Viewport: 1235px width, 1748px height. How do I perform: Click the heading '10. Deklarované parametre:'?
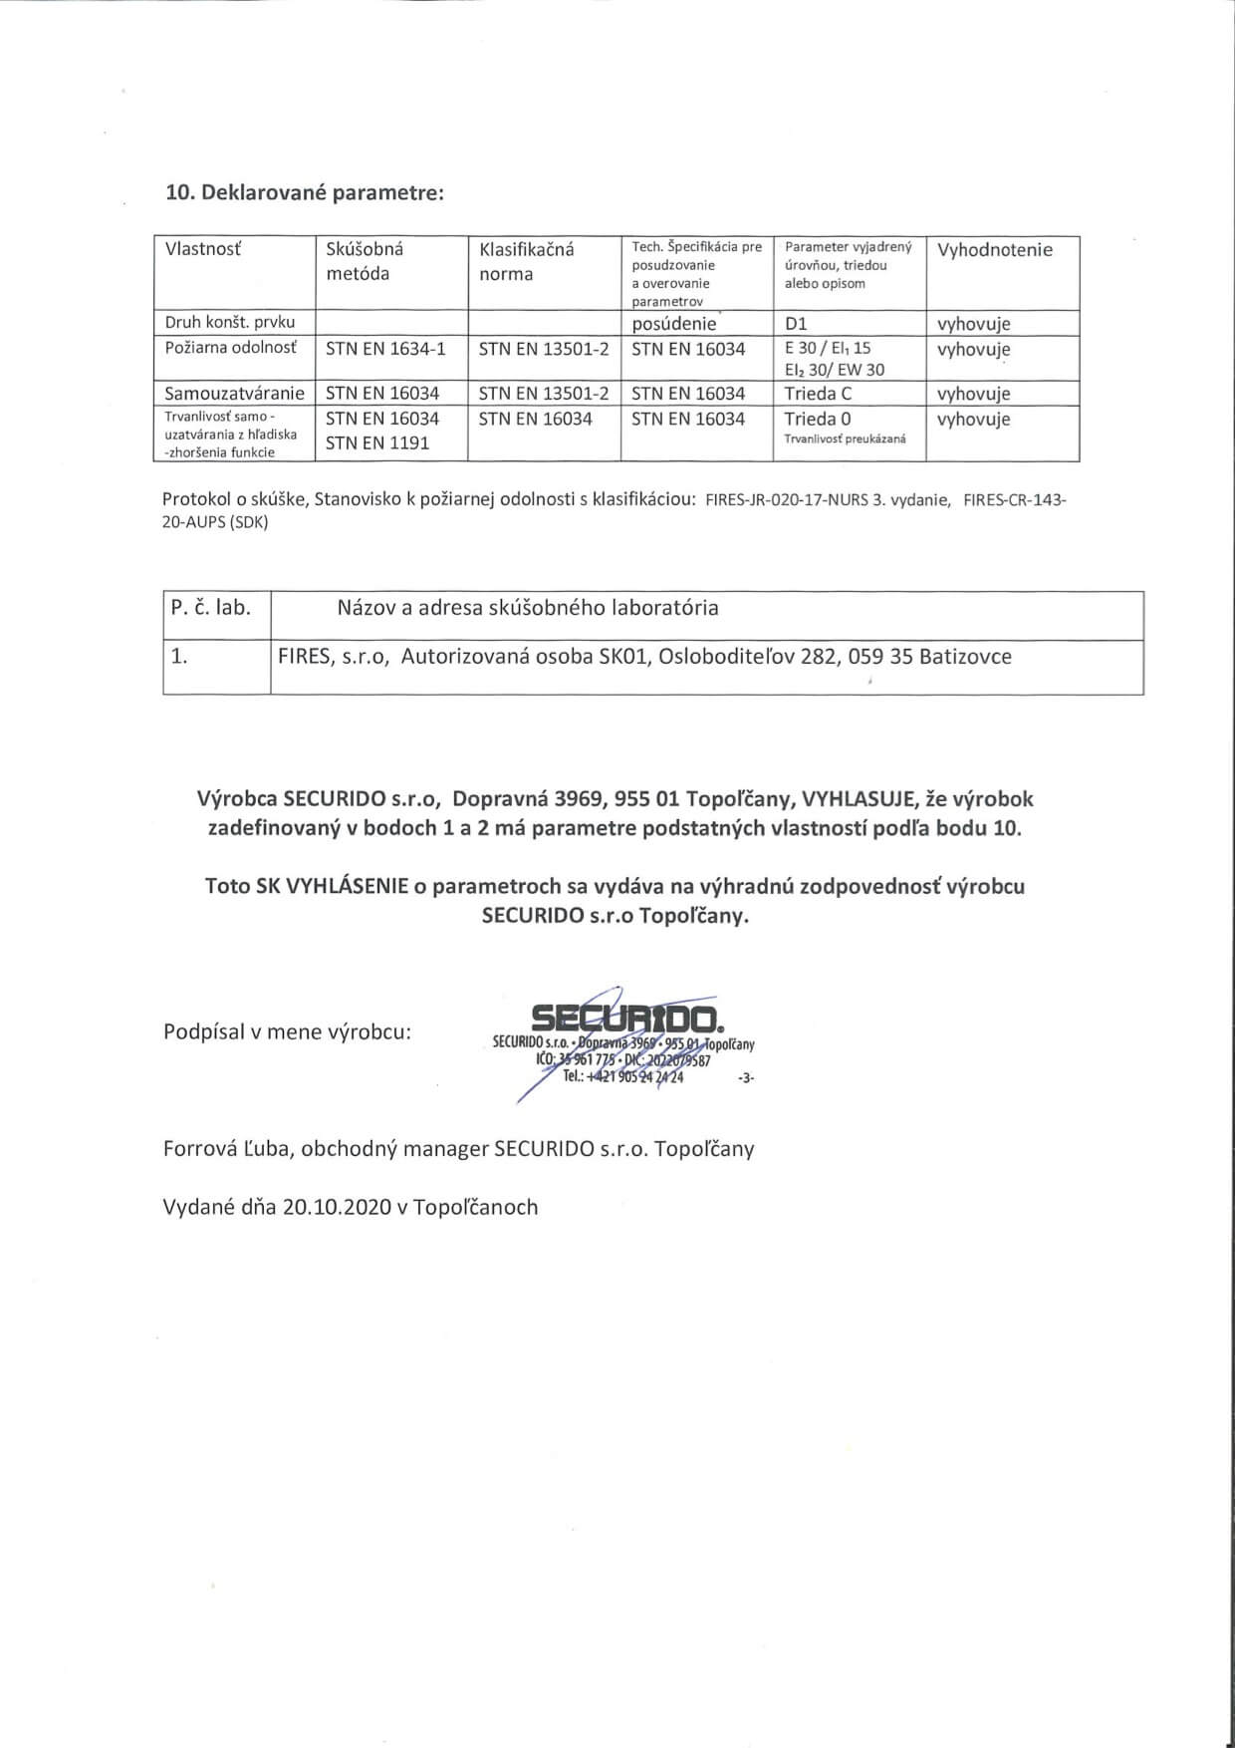[304, 192]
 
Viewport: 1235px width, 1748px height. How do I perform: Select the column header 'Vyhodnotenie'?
[994, 250]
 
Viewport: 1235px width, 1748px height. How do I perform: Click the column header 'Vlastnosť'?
[203, 249]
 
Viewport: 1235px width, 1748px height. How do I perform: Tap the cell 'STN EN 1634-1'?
[386, 348]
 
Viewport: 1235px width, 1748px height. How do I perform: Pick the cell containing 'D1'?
[796, 324]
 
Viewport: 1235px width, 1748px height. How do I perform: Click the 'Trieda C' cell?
[818, 393]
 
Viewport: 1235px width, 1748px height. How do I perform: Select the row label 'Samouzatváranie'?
[234, 393]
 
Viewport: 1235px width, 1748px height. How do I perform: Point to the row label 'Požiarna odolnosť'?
[231, 348]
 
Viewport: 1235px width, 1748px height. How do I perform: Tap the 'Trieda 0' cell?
[818, 419]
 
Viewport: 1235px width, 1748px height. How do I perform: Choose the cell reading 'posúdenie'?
[674, 324]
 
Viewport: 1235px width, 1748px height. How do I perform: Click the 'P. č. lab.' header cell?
[211, 607]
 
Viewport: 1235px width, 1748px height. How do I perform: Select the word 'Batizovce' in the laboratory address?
[965, 657]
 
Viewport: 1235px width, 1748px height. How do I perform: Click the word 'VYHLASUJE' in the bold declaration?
[854, 798]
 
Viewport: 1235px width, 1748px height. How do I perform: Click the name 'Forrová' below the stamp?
[199, 1148]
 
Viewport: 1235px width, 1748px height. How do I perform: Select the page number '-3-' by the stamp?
[746, 1078]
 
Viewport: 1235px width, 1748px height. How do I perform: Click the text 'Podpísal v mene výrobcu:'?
[287, 1031]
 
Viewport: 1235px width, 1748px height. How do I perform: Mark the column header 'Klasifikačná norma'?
[527, 261]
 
